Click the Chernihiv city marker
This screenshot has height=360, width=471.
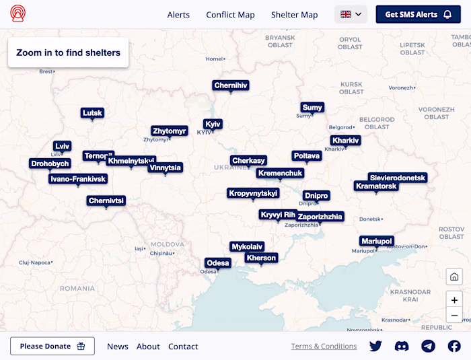click(x=231, y=85)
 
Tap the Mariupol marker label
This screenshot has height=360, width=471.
click(x=376, y=241)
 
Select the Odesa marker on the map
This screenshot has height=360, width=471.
click(x=218, y=262)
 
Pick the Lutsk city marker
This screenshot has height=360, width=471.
click(x=92, y=112)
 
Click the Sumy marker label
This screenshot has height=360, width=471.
click(x=312, y=107)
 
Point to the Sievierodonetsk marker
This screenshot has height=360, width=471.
click(x=398, y=178)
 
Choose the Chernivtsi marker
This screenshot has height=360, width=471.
click(x=106, y=201)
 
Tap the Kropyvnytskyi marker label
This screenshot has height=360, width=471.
click(x=253, y=193)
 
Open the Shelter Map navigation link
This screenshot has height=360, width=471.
click(x=294, y=15)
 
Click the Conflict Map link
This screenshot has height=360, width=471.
click(x=230, y=15)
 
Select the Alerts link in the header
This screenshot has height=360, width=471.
click(x=178, y=15)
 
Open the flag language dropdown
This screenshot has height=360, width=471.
click(x=351, y=14)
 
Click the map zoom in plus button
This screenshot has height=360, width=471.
click(x=454, y=300)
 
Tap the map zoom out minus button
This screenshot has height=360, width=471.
click(x=454, y=316)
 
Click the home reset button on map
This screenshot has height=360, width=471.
click(x=454, y=277)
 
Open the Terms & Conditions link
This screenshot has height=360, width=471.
click(x=324, y=347)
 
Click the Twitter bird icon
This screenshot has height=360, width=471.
click(x=375, y=346)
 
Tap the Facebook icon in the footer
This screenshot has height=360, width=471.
click(x=454, y=346)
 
